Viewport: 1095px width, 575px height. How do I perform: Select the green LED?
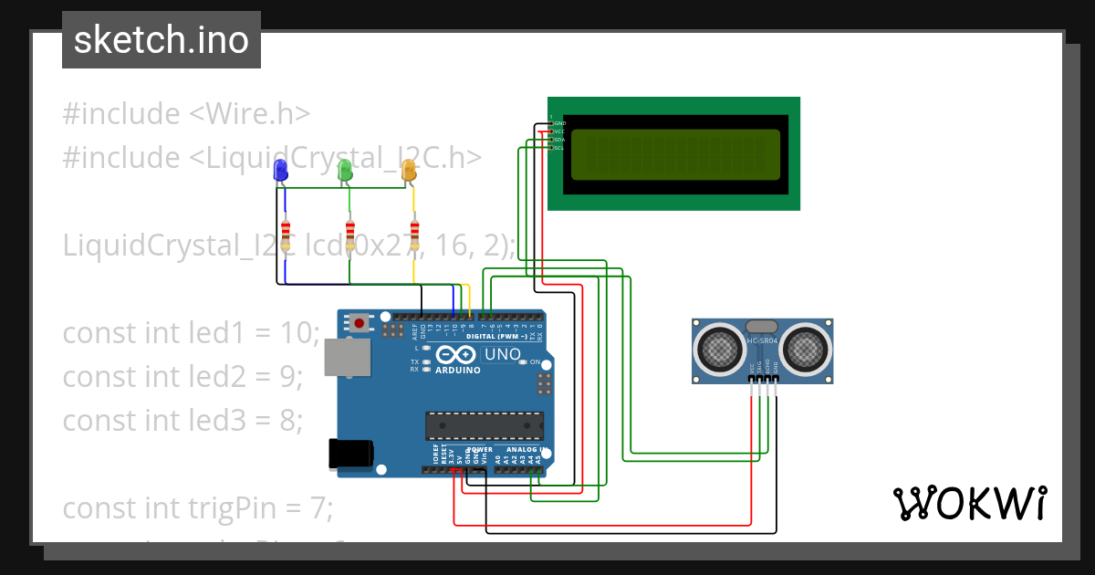tap(345, 170)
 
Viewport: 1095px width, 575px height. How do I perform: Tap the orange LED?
tap(409, 170)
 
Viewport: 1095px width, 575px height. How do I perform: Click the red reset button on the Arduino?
tap(360, 322)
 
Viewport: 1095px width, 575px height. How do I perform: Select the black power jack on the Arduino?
tap(351, 454)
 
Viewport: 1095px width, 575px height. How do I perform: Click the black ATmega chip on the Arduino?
tap(484, 424)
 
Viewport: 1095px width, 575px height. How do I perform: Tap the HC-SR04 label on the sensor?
tap(763, 341)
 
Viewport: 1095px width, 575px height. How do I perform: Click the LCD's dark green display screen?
tap(675, 154)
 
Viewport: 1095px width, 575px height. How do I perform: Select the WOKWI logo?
tap(969, 503)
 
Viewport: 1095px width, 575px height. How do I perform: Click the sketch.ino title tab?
tap(162, 40)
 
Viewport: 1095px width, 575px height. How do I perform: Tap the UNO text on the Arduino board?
tap(501, 354)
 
